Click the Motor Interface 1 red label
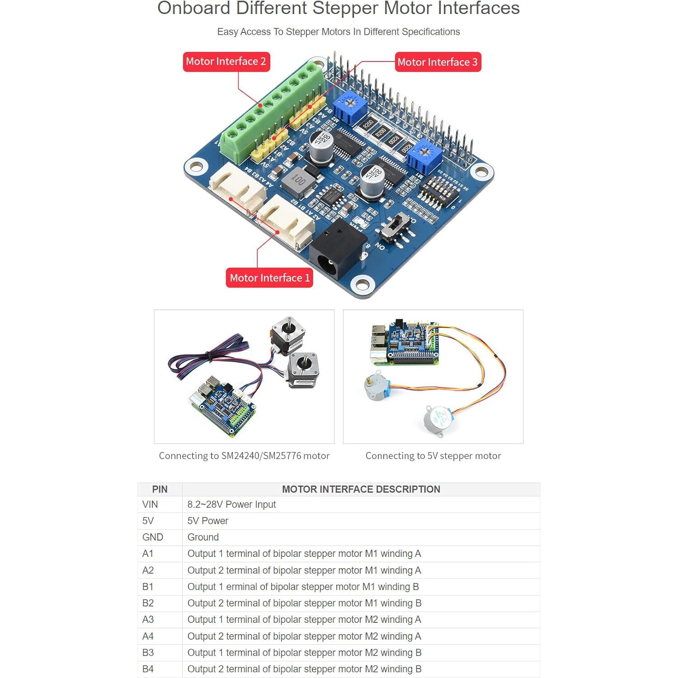point(269,278)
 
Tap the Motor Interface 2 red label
point(226,61)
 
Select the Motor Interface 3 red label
point(438,62)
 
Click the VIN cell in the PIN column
point(150,504)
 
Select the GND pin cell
point(152,537)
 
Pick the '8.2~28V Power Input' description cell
point(231,504)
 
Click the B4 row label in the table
point(148,669)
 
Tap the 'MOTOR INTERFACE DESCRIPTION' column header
point(361,489)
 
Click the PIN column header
point(160,489)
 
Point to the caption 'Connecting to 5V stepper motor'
point(433,456)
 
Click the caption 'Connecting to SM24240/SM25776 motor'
point(244,456)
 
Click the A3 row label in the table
point(148,620)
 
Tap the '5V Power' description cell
point(208,521)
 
